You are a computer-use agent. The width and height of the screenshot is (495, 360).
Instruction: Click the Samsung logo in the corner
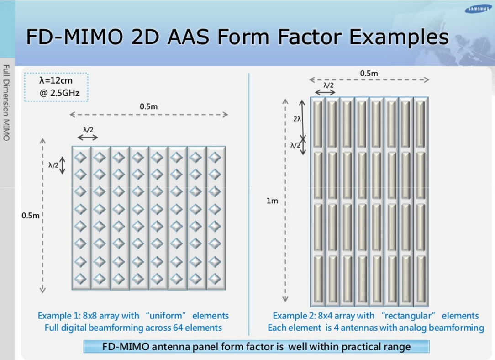click(x=478, y=9)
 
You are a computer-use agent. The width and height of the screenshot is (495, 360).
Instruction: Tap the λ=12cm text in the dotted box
click(x=56, y=80)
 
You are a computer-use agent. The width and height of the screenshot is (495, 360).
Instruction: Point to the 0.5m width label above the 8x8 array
click(x=149, y=106)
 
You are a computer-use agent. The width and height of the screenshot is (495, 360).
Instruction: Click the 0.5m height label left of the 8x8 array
click(x=30, y=215)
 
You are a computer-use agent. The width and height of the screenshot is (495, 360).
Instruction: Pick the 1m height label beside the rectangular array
click(x=272, y=201)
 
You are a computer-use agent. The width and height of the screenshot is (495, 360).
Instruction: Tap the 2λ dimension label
click(x=297, y=119)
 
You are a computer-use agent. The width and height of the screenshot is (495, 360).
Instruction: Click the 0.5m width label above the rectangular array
click(x=369, y=73)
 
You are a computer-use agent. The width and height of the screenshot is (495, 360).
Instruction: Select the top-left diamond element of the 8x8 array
click(x=80, y=157)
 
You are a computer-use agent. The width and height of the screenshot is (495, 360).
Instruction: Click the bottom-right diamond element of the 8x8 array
click(x=215, y=279)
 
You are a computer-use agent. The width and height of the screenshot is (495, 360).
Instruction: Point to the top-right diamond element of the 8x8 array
click(x=215, y=157)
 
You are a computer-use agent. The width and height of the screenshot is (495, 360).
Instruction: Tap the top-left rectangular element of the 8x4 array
click(x=317, y=124)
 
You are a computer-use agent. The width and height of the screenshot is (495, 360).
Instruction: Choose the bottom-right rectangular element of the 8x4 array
click(x=421, y=279)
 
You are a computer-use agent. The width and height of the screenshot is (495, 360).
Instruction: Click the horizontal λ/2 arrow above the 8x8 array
click(x=88, y=138)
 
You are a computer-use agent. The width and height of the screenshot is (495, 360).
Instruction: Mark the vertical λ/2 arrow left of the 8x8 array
click(x=63, y=165)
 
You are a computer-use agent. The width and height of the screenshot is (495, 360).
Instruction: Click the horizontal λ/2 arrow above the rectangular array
click(x=325, y=92)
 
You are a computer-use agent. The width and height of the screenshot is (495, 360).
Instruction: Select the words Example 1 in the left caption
click(x=59, y=316)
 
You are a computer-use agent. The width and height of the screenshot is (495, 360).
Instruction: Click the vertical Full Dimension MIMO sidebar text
click(x=7, y=103)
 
